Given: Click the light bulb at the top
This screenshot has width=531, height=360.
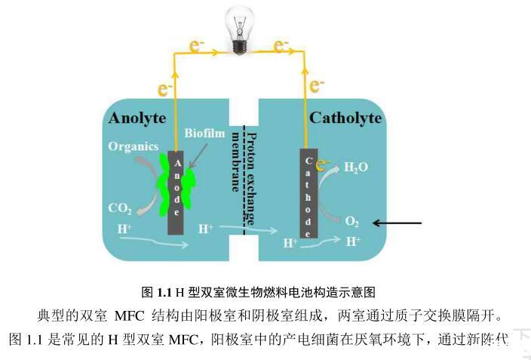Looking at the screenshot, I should (x=240, y=29).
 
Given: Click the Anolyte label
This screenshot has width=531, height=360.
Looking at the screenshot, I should (x=137, y=118).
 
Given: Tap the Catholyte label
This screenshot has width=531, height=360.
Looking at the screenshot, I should (x=345, y=118).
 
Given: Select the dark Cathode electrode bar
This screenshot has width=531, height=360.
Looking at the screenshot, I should (x=308, y=193).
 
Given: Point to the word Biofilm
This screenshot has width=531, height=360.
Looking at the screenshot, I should (x=204, y=133).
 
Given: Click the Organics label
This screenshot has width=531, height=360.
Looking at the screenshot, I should (x=133, y=146).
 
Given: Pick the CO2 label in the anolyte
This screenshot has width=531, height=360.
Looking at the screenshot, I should (x=121, y=208).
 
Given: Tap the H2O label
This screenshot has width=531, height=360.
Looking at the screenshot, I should (x=356, y=167).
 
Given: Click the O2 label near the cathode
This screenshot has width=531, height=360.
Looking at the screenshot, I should (x=351, y=222).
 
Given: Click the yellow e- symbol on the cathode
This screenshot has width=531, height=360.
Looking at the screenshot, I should (x=324, y=165).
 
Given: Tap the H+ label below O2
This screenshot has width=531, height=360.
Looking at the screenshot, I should (x=352, y=242).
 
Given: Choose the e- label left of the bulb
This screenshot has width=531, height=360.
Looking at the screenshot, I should (x=198, y=47).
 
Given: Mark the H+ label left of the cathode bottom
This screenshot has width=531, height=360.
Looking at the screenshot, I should (x=290, y=243).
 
